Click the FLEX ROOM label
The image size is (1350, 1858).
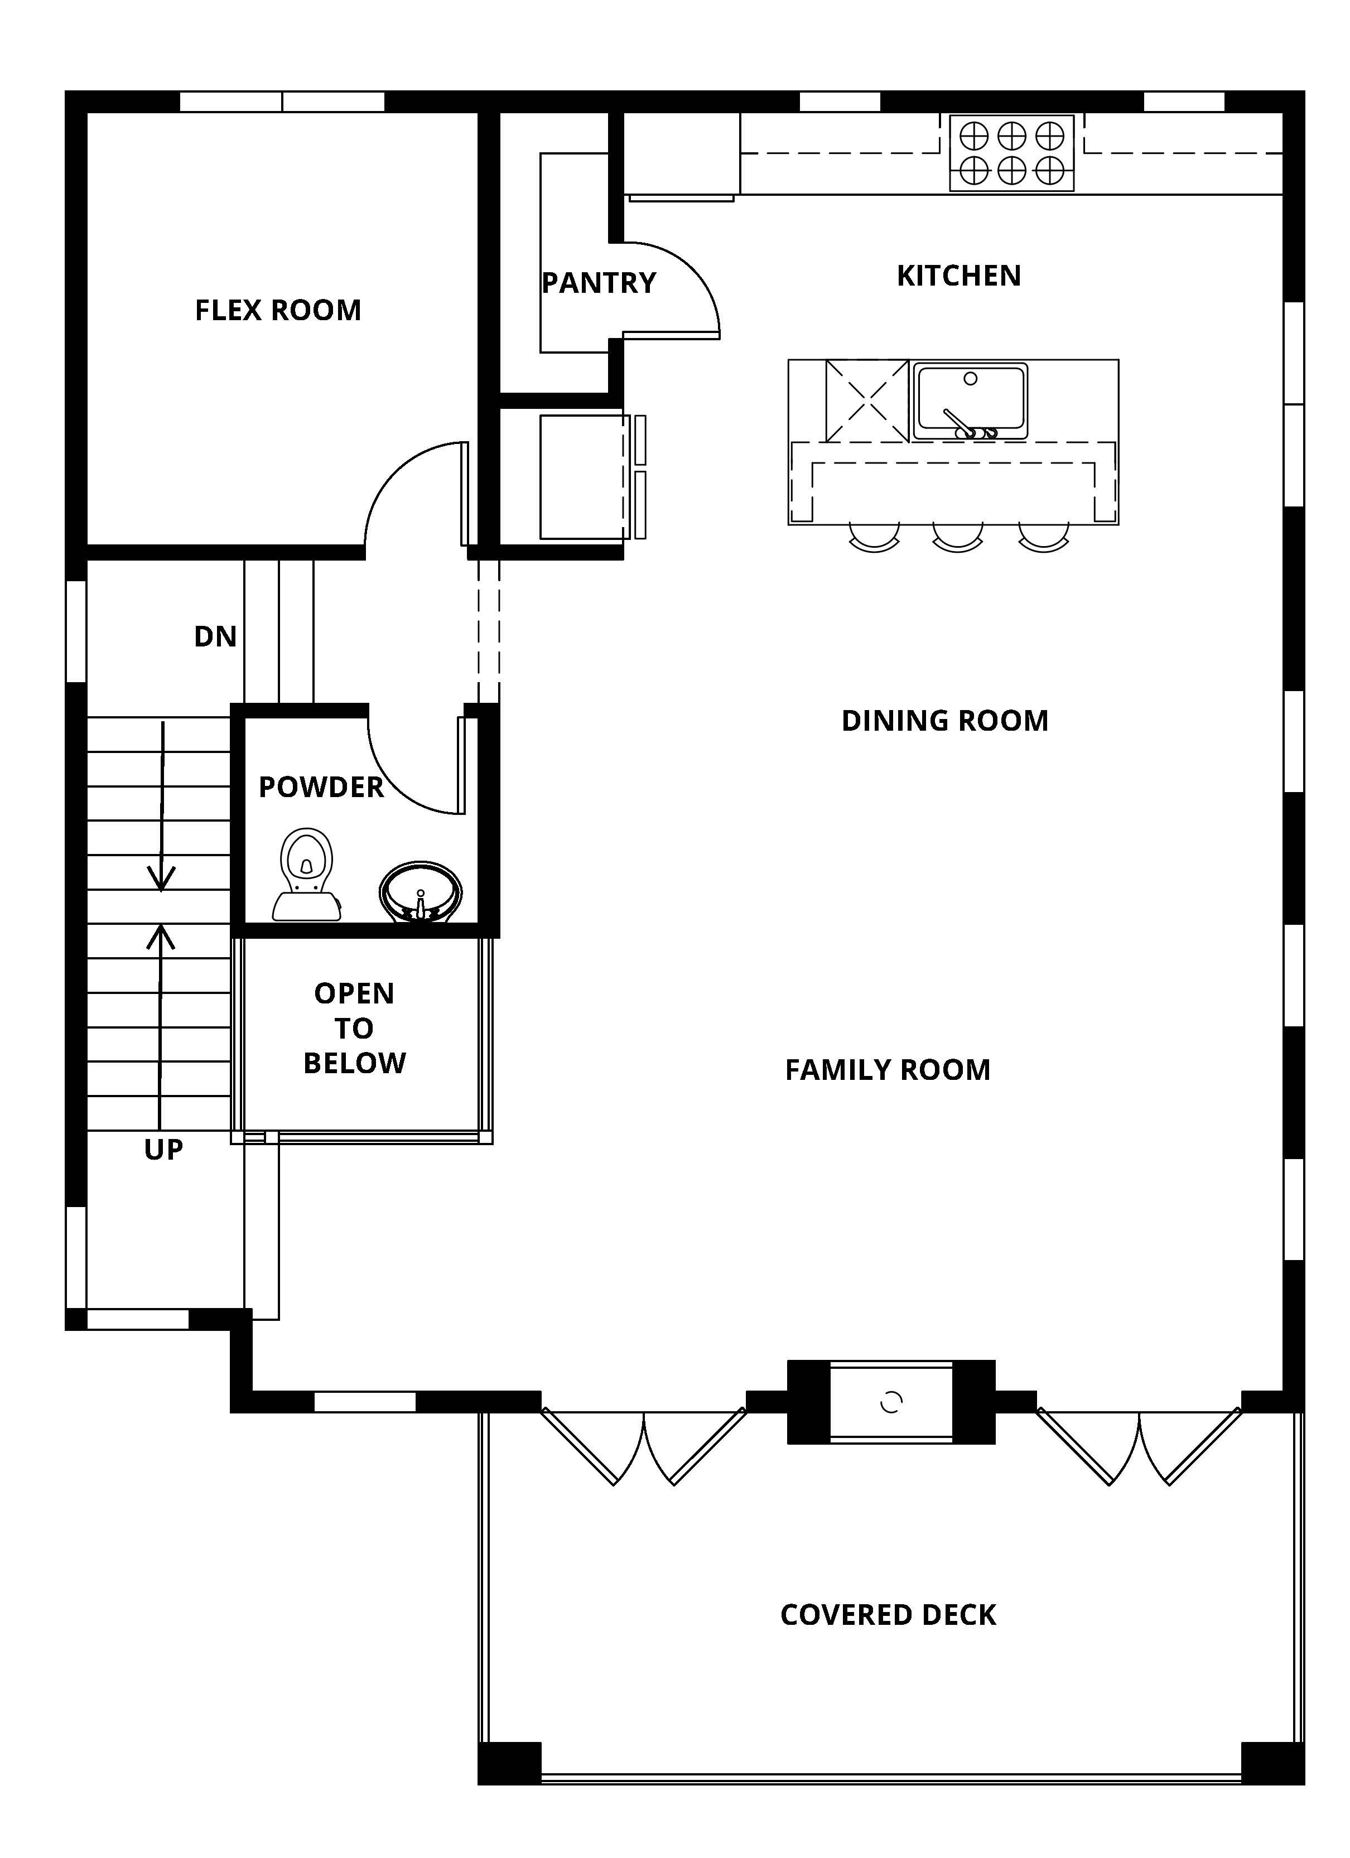[x=278, y=311]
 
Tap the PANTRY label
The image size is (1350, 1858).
[x=599, y=283]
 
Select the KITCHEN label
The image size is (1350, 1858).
[x=958, y=276]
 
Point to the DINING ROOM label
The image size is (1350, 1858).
[x=944, y=721]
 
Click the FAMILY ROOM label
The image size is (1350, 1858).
[x=887, y=1070]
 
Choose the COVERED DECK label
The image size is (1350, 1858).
[x=888, y=1615]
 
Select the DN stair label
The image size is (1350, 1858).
[x=215, y=636]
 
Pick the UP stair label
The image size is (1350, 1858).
[x=163, y=1150]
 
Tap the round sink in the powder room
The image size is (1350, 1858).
[x=421, y=892]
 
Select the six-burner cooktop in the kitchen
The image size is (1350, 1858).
[x=1012, y=153]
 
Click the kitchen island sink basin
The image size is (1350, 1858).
[x=971, y=400]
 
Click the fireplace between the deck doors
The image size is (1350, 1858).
[x=891, y=1402]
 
